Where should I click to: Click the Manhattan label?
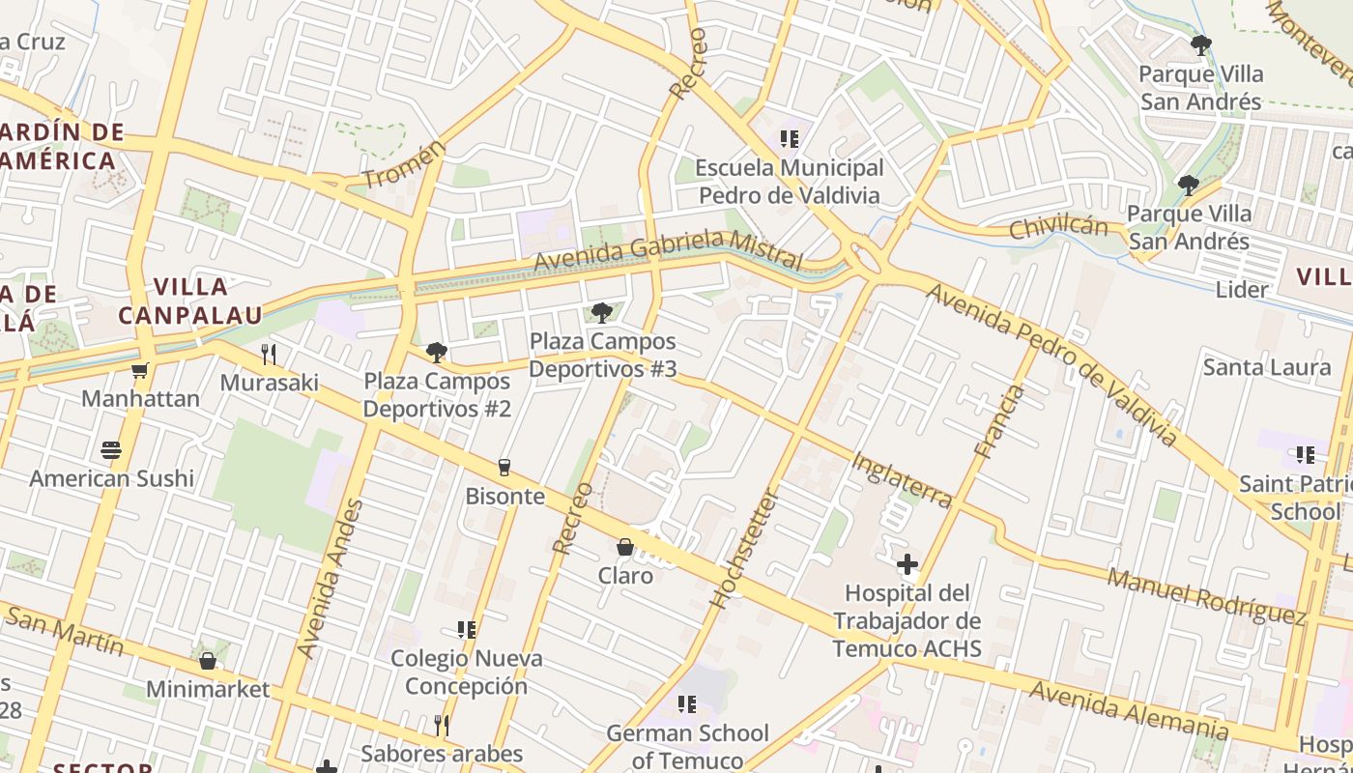tap(140, 398)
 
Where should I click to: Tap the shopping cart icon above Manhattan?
tap(140, 370)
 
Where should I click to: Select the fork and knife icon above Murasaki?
tap(269, 355)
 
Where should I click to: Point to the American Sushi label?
tap(111, 478)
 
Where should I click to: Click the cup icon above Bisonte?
tap(504, 468)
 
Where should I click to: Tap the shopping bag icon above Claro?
tap(625, 547)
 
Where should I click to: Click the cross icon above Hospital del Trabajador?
tap(907, 563)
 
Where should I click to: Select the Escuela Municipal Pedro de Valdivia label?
tap(790, 182)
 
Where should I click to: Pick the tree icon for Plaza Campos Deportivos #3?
tap(601, 312)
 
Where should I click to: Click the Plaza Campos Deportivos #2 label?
tap(437, 395)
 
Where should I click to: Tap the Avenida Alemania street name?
tap(1129, 709)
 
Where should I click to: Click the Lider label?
tap(1242, 290)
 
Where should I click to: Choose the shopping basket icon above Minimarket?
tap(207, 661)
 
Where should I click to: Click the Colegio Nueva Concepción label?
tap(466, 673)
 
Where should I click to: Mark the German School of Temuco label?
tap(687, 746)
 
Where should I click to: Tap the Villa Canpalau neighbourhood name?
tap(190, 301)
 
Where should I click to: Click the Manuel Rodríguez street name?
tap(1206, 596)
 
